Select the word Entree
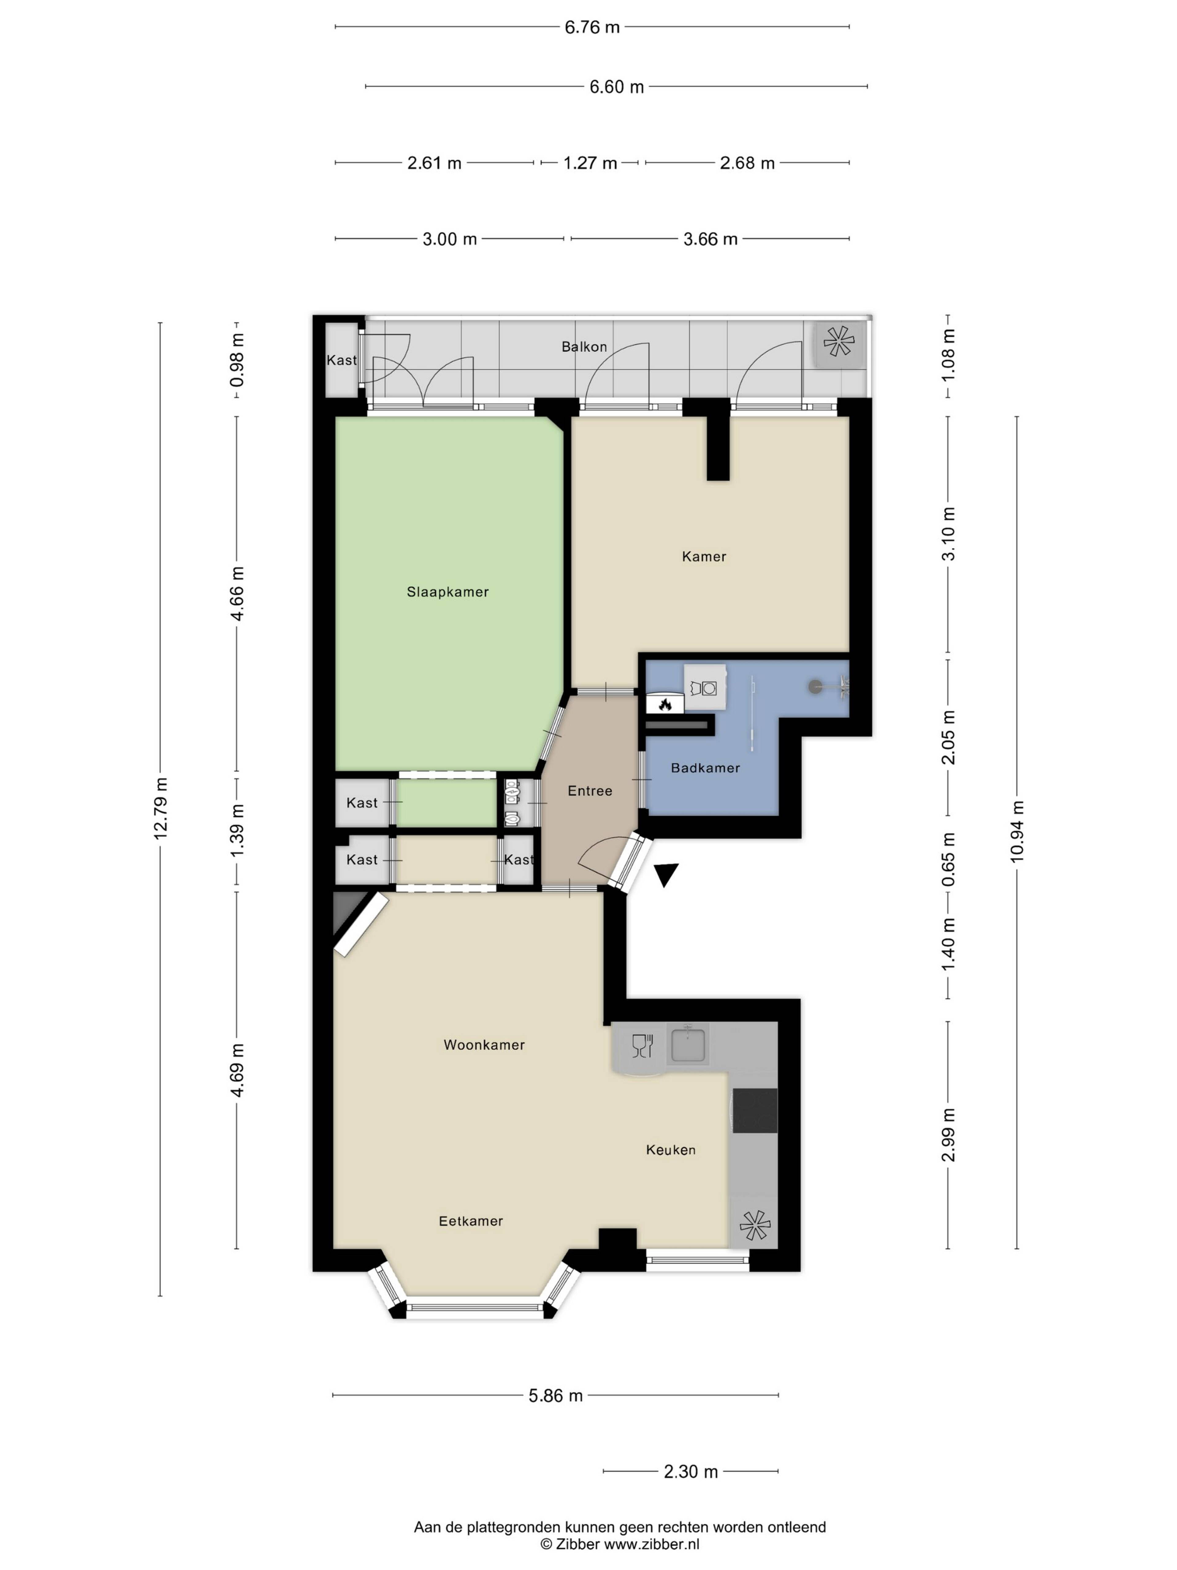click(x=589, y=791)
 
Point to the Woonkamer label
click(x=484, y=1045)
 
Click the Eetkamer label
click(x=470, y=1221)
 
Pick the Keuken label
click(x=670, y=1150)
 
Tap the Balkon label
click(x=584, y=347)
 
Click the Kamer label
click(x=704, y=557)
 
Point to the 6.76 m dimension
click(x=592, y=27)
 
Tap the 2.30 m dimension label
click(x=690, y=1471)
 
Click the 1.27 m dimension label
click(x=589, y=163)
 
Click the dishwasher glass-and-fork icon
click(x=642, y=1045)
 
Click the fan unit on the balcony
click(x=839, y=341)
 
